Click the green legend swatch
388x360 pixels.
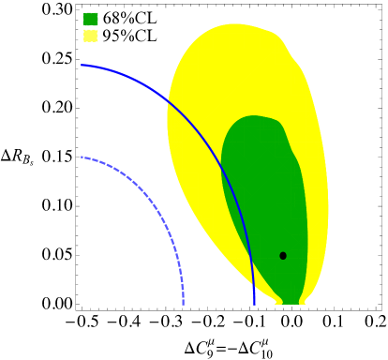(x=90, y=19)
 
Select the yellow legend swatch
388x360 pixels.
(x=90, y=36)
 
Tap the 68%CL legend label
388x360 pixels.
(x=129, y=19)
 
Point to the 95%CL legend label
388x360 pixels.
(x=129, y=36)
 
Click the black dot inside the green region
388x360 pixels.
(x=283, y=255)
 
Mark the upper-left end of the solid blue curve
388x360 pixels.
(x=82, y=65)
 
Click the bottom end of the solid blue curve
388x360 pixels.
(x=254, y=304)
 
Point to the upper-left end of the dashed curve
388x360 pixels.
(x=82, y=157)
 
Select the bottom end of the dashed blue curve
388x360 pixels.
(x=183, y=304)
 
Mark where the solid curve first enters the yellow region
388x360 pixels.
(x=169, y=97)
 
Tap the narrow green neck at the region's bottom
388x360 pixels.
(x=290, y=301)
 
